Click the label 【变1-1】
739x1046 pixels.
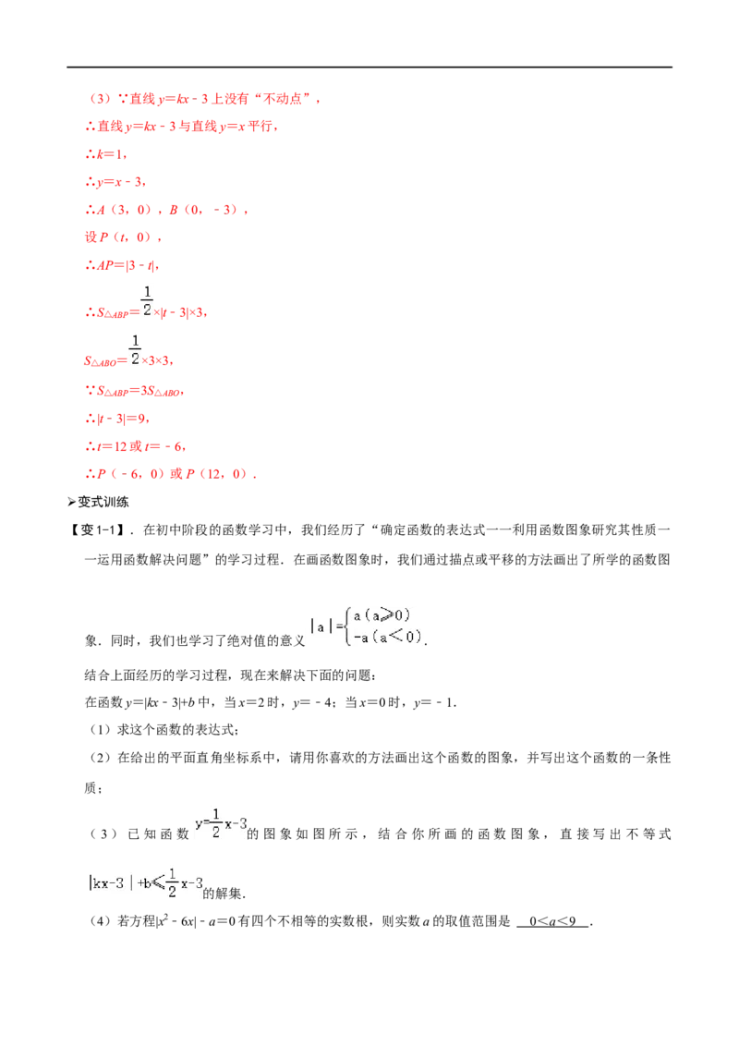(99, 529)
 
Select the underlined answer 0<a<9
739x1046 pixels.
(552, 921)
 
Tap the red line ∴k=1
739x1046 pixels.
(106, 154)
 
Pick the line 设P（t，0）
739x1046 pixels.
(123, 237)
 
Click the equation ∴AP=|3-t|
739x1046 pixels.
(122, 265)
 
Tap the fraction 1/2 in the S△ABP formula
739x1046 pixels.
(147, 301)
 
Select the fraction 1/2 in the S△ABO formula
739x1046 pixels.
(135, 349)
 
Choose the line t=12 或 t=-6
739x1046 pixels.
(136, 446)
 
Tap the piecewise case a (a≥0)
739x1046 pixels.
(382, 615)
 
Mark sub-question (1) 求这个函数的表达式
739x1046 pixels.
(164, 730)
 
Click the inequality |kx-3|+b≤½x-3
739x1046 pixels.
(145, 883)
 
